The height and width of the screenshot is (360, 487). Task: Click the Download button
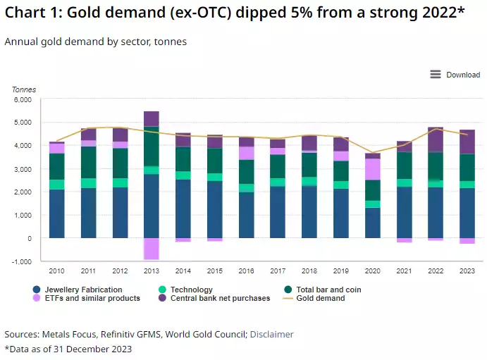[x=455, y=75]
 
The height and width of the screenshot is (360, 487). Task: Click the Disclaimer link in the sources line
[x=271, y=334]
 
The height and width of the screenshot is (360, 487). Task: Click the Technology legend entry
[x=190, y=290]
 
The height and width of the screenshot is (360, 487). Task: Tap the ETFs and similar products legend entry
[x=91, y=298]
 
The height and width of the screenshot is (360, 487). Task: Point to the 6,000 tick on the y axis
[x=23, y=100]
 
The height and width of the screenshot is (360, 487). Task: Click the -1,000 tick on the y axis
[x=22, y=261]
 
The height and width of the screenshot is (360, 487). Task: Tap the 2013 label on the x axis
[x=151, y=270]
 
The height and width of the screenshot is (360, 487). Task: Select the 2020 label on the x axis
[x=372, y=270]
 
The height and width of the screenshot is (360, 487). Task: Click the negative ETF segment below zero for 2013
[x=151, y=249]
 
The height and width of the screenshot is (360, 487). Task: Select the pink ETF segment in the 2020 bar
[x=372, y=169]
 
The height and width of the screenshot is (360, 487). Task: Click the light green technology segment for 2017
[x=278, y=182]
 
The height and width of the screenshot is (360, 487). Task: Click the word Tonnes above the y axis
[x=23, y=89]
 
